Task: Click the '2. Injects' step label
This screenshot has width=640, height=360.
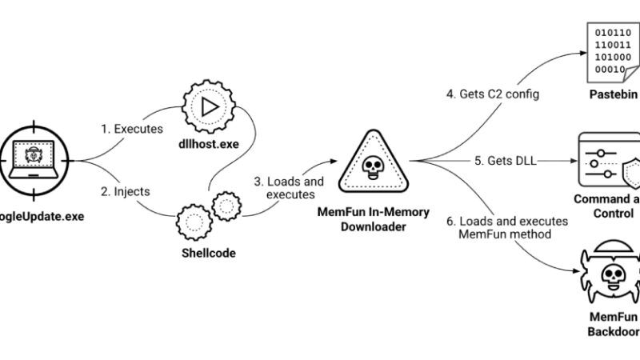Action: pos(126,192)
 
